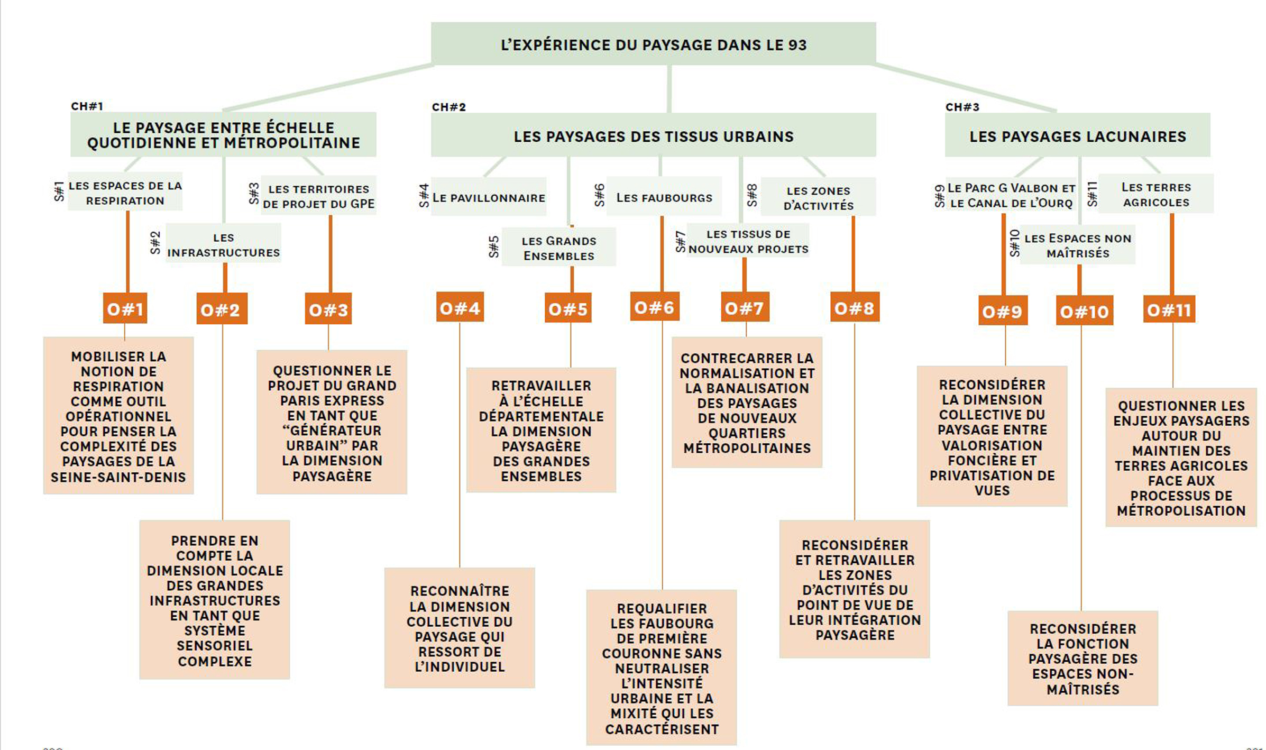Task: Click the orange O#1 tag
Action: pyautogui.click(x=125, y=308)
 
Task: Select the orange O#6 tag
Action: pyautogui.click(x=655, y=306)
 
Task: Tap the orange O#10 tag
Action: pyautogui.click(x=1085, y=310)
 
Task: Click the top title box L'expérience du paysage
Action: pyautogui.click(x=654, y=44)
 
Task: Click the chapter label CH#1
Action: pyautogui.click(x=87, y=106)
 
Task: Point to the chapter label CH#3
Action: pyautogui.click(x=962, y=107)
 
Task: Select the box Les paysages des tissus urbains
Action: pyautogui.click(x=654, y=135)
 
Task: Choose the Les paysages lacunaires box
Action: pyautogui.click(x=1078, y=135)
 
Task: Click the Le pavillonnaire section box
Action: pyautogui.click(x=489, y=197)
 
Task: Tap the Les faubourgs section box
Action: pyautogui.click(x=664, y=196)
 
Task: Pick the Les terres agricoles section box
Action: pyautogui.click(x=1156, y=194)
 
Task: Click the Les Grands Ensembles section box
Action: pyautogui.click(x=559, y=247)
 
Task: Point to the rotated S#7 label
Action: pyautogui.click(x=681, y=242)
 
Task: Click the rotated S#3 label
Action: pyautogui.click(x=254, y=194)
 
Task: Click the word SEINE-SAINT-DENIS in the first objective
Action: pyautogui.click(x=118, y=477)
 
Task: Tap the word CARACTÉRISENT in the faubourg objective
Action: pyautogui.click(x=662, y=729)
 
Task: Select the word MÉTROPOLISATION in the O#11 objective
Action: pyautogui.click(x=1181, y=511)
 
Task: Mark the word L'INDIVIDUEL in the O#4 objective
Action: pyautogui.click(x=460, y=667)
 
